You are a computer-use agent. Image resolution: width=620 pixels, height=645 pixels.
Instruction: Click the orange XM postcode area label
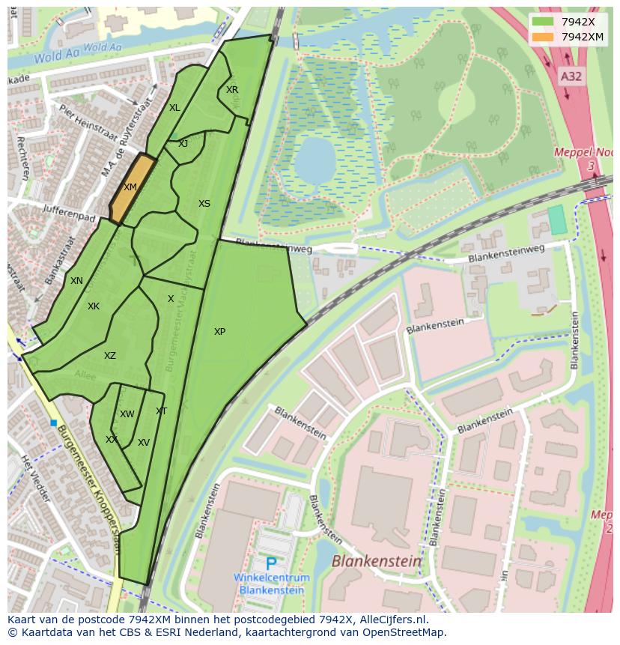[130, 187]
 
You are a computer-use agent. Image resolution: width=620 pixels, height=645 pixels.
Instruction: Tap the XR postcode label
[232, 90]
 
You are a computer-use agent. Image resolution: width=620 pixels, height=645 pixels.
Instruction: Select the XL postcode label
[174, 108]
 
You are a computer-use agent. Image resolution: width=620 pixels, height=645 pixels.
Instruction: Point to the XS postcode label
[204, 204]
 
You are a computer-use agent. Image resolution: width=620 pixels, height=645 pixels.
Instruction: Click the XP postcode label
[219, 332]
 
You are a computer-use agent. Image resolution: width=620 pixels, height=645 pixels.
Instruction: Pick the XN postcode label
[76, 281]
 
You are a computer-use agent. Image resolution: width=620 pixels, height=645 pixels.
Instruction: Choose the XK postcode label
[94, 306]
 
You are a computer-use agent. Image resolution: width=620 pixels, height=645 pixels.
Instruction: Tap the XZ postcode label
[110, 356]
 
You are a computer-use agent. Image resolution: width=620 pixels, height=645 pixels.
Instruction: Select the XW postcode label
[127, 414]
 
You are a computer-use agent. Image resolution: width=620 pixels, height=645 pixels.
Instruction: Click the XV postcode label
[144, 443]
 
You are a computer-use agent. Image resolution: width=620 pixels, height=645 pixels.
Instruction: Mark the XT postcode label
[161, 411]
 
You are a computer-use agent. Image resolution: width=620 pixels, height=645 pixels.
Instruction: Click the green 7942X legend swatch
[543, 22]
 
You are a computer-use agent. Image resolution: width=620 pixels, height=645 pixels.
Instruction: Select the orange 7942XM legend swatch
[543, 37]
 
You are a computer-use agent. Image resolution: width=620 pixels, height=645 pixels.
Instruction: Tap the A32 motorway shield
[571, 76]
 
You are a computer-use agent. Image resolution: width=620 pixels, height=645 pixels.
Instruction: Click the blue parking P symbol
[271, 564]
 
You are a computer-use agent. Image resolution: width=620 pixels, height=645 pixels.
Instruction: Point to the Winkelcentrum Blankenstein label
[271, 584]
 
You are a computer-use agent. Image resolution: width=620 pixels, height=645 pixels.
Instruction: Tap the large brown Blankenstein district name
[377, 561]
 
